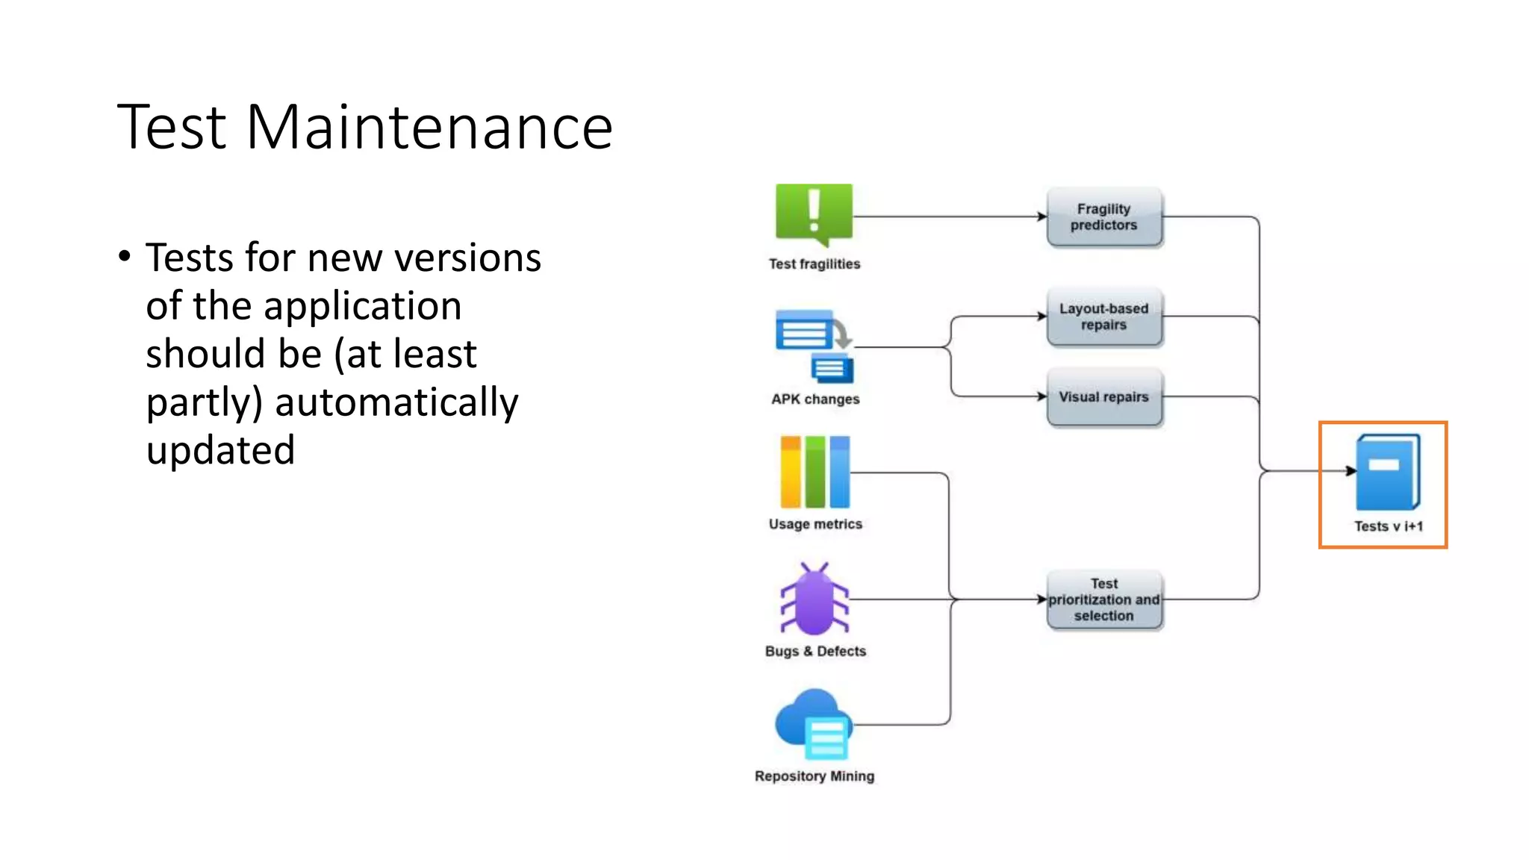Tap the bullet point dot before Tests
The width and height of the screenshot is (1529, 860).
click(125, 257)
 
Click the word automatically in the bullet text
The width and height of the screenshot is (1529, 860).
click(396, 402)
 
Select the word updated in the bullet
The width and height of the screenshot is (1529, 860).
click(220, 450)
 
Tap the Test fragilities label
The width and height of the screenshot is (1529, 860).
click(815, 264)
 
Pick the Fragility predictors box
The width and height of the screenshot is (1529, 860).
click(1103, 217)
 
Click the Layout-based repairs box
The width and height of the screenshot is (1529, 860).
click(1103, 317)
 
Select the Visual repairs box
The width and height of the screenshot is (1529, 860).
click(1103, 397)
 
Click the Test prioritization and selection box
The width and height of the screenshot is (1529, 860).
click(1103, 599)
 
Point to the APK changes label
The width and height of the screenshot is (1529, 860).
click(815, 399)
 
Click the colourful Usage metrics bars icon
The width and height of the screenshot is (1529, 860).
click(815, 472)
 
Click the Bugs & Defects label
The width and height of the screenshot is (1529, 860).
click(815, 651)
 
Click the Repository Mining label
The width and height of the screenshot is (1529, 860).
click(815, 776)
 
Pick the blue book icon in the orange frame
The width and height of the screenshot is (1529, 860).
click(1388, 472)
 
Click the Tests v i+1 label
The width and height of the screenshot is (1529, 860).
click(1389, 526)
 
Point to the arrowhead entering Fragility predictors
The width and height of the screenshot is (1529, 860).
click(1042, 216)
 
